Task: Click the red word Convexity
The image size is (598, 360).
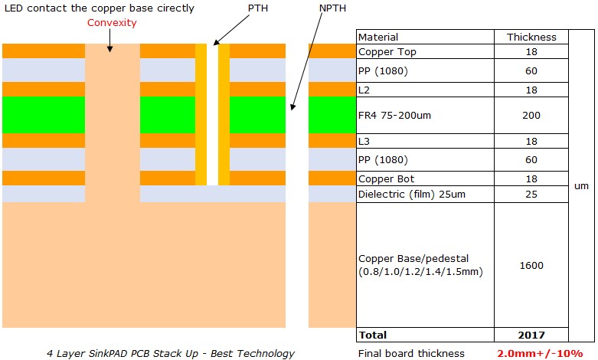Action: [112, 22]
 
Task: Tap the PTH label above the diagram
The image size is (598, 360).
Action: [258, 8]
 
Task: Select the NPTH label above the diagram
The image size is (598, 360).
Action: [333, 8]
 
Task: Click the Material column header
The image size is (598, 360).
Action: [378, 37]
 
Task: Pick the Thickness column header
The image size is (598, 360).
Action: [531, 37]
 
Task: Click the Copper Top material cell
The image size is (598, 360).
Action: [388, 51]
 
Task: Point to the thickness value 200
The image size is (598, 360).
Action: [531, 115]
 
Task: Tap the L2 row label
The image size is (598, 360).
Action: [364, 90]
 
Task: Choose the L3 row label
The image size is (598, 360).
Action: [364, 142]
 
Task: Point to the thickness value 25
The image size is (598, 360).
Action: [531, 194]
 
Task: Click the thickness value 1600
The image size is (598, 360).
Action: [531, 265]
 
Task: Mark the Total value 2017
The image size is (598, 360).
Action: [531, 335]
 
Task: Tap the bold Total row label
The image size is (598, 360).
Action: [373, 335]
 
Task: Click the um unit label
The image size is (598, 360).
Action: [582, 185]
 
